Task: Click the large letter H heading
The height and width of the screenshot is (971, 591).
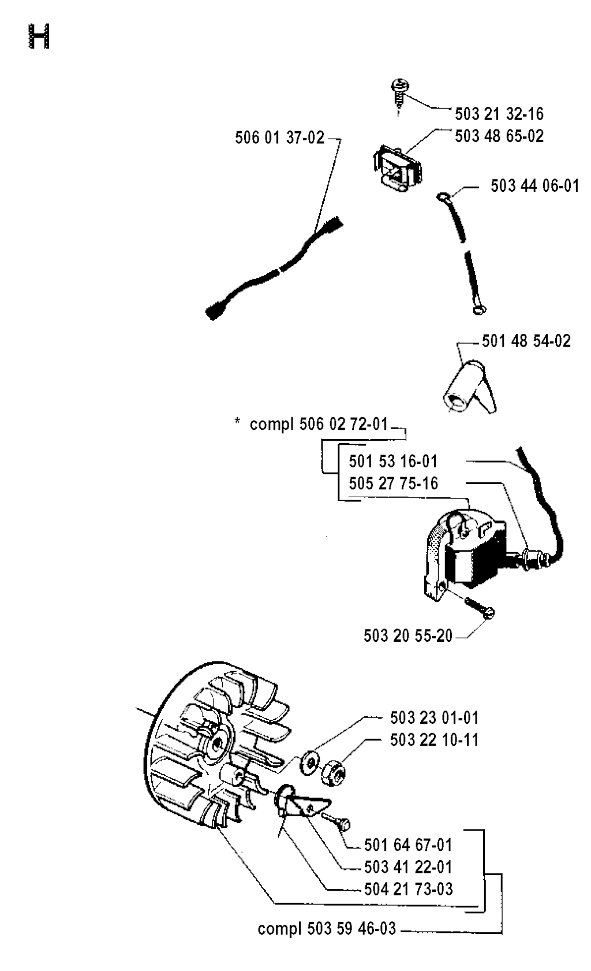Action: (x=39, y=36)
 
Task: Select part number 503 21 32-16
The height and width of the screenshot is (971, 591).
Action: (x=499, y=114)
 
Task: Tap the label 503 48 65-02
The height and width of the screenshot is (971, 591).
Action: (x=499, y=136)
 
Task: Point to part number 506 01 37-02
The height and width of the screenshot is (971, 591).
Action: (x=280, y=138)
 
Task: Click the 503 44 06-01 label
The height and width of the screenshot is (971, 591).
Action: (x=534, y=186)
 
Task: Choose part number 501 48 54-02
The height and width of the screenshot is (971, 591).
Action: (x=526, y=341)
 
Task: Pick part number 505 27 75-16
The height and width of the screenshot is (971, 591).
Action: (x=394, y=483)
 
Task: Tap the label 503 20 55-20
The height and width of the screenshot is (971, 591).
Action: (x=408, y=636)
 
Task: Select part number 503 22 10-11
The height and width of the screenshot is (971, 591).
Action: (x=434, y=740)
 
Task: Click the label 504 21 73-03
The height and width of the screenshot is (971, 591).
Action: (x=408, y=889)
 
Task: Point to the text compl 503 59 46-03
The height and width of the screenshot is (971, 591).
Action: (x=327, y=929)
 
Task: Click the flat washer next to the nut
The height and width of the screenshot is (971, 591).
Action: (x=309, y=760)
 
